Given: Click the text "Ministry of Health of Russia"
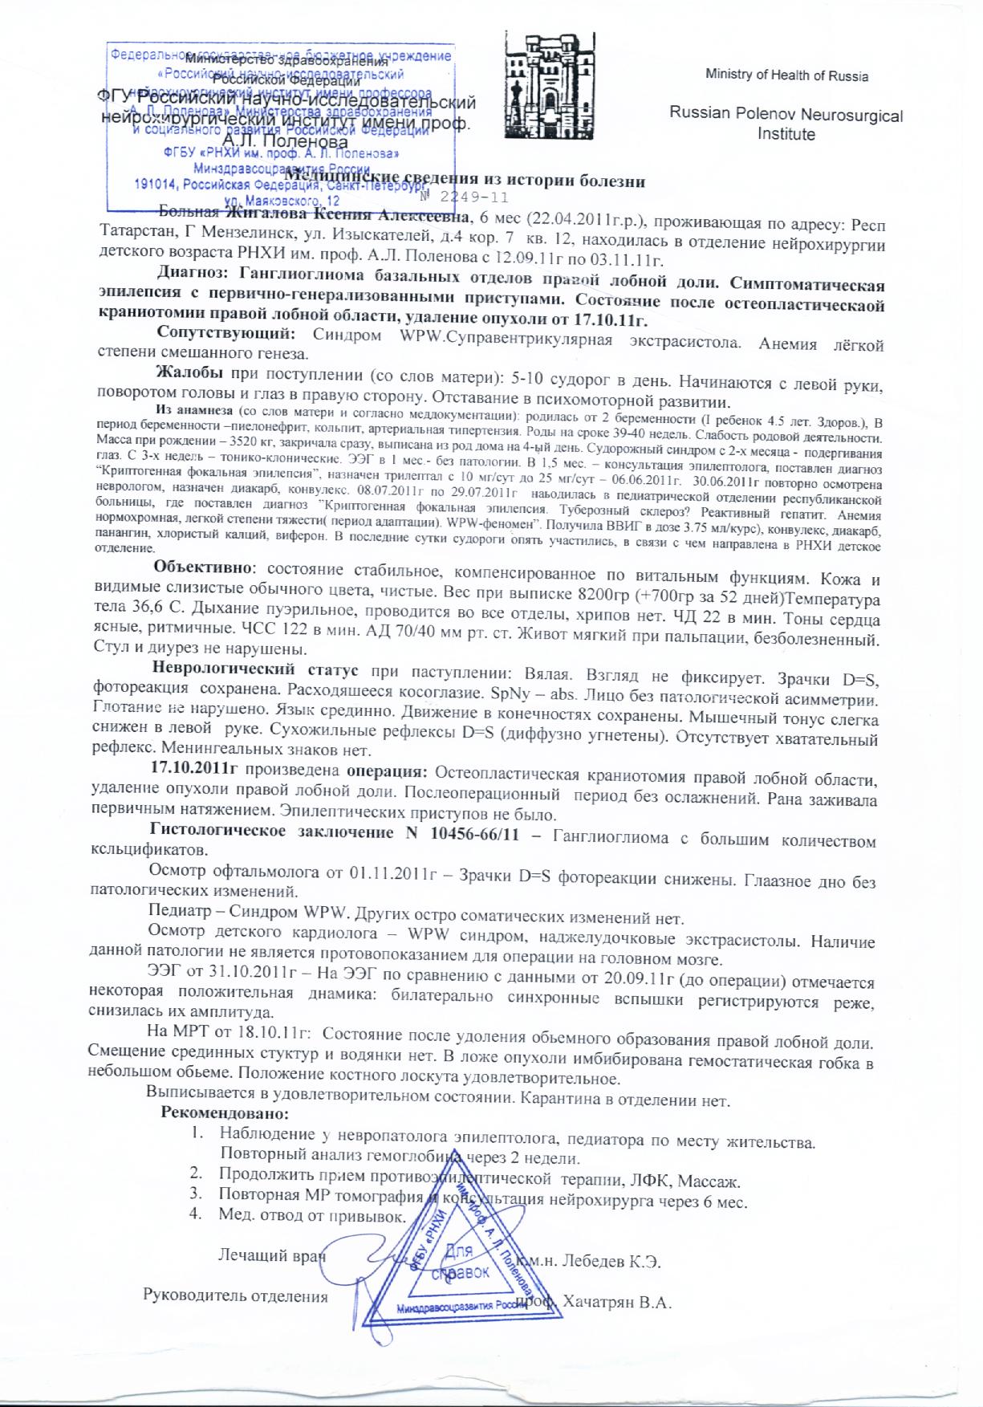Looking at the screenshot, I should tap(786, 75).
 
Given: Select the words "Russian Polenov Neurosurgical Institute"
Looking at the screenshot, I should tap(786, 124).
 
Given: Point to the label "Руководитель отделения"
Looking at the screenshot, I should tap(235, 1296).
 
